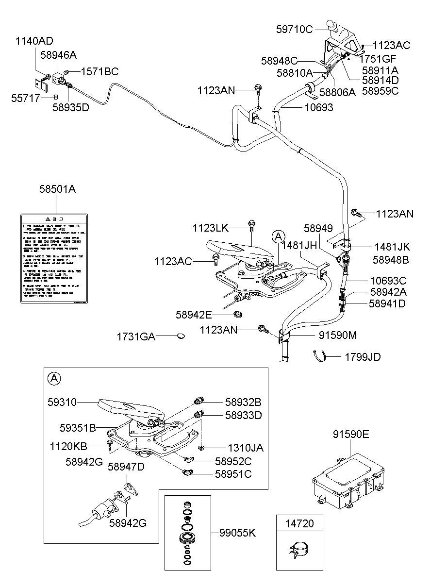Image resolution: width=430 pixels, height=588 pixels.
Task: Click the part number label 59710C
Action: coord(295,29)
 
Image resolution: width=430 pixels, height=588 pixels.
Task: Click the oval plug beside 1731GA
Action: coord(181,336)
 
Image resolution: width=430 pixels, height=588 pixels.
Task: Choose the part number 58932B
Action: coord(243,402)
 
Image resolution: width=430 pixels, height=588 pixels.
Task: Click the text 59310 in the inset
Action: coord(62,402)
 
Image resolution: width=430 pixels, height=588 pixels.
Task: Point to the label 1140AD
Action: coord(34,41)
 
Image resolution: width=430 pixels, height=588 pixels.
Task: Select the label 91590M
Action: coord(338,335)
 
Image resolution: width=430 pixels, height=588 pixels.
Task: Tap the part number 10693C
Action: coord(388,281)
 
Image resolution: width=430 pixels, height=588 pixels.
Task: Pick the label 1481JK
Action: coord(392,247)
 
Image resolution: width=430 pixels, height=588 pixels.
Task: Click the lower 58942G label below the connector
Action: coord(127,523)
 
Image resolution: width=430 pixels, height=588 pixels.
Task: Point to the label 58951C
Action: coord(233,474)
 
